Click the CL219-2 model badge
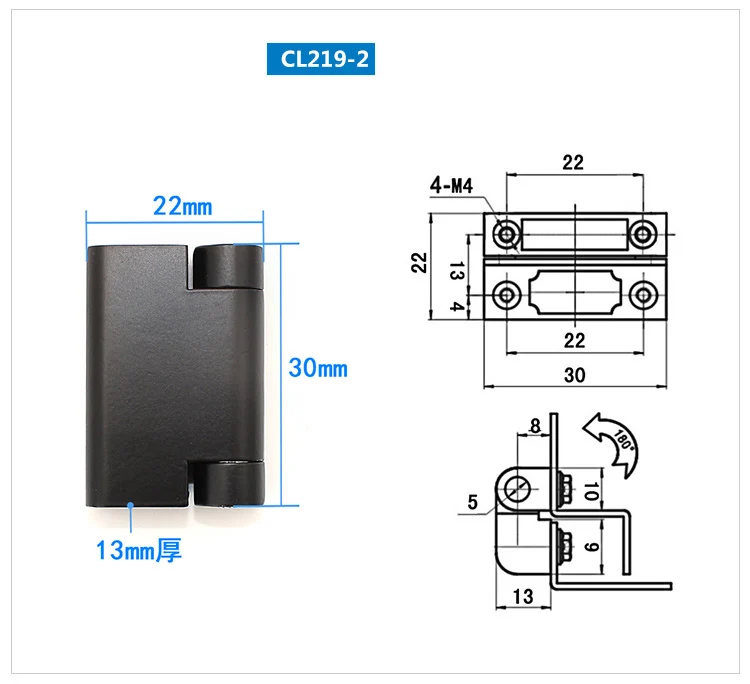[x=320, y=59]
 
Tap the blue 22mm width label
[x=182, y=207]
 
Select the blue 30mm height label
[x=318, y=368]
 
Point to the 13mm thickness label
[x=139, y=550]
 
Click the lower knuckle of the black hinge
[x=229, y=483]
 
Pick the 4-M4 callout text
[x=451, y=185]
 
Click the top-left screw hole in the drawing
[x=507, y=235]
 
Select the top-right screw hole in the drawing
[x=642, y=235]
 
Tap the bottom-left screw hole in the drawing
[x=507, y=296]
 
